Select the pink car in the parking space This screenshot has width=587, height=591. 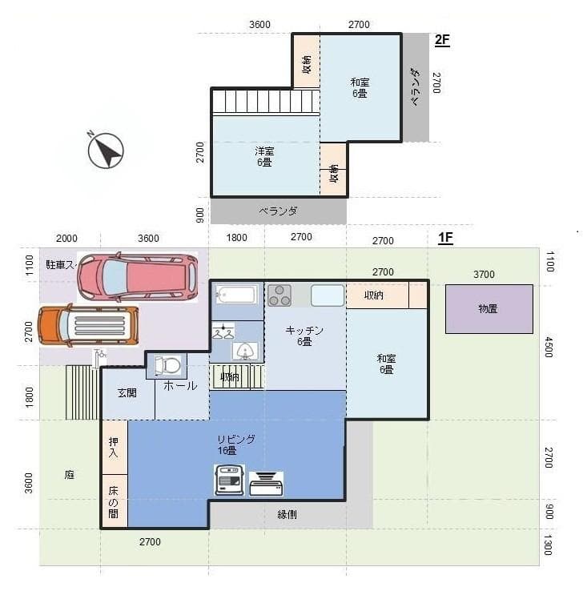(137, 277)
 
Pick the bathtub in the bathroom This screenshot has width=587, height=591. (236, 295)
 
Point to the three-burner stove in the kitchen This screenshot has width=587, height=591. (279, 295)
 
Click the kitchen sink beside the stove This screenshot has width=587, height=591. (328, 295)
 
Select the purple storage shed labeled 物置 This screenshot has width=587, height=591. (488, 309)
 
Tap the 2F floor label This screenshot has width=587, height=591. (442, 40)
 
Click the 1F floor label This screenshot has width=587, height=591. (445, 238)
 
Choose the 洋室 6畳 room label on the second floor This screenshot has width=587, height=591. (264, 156)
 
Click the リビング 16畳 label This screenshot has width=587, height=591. (235, 444)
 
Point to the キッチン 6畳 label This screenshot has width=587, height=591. (304, 336)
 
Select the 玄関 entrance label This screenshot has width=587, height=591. (127, 392)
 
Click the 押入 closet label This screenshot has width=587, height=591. (114, 448)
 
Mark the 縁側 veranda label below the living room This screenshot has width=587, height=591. (287, 514)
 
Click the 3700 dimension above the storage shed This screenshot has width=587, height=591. (484, 274)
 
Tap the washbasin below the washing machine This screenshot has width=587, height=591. (245, 350)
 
